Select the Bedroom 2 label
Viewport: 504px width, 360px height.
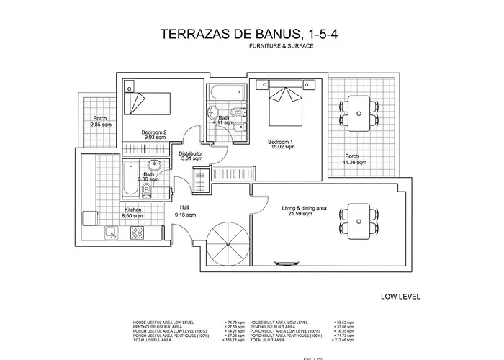pyautogui.click(x=154, y=135)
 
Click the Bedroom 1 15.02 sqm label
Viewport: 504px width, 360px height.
pyautogui.click(x=282, y=144)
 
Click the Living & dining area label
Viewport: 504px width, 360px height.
pyautogui.click(x=304, y=211)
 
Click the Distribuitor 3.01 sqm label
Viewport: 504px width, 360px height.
pyautogui.click(x=190, y=157)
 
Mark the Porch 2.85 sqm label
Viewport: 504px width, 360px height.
pyautogui.click(x=99, y=122)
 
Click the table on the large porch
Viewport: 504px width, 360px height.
pyautogui.click(x=358, y=112)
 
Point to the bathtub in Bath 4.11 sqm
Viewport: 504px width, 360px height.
pyautogui.click(x=225, y=94)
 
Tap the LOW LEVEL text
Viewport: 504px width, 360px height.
pyautogui.click(x=400, y=296)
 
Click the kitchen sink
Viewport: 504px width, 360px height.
pyautogui.click(x=112, y=231)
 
